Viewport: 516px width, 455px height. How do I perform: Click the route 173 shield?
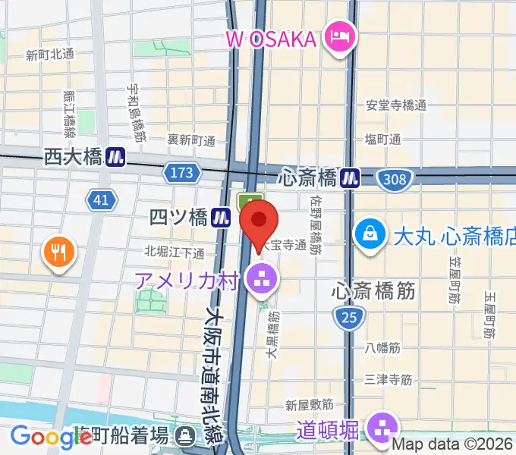182,173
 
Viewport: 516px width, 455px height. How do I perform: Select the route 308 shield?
395,179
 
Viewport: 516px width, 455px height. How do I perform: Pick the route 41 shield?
101,199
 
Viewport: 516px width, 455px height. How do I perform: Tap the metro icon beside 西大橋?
115,157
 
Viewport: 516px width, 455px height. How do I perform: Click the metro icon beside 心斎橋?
350,177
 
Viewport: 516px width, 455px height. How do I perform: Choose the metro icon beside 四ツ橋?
221,218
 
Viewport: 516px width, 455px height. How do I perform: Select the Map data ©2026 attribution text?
453,446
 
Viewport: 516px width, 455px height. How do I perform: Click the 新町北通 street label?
49,55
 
